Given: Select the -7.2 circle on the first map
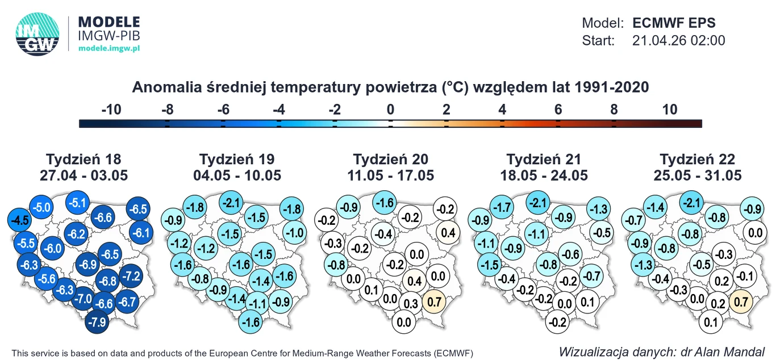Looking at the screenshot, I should pos(132,277).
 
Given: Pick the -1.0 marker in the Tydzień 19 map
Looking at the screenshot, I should pos(294,232).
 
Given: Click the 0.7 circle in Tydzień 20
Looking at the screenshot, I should pos(435,302).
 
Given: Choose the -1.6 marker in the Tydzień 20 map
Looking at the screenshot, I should pos(385,202).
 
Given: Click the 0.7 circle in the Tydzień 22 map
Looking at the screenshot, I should pos(741,302).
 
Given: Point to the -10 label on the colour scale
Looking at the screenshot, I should pos(111,110).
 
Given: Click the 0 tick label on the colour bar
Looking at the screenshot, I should pos(390,110).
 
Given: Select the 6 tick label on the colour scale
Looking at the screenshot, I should pos(558,110).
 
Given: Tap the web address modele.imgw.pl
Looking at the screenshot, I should pos(109,49).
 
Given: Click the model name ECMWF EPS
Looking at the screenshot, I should pos(674,23).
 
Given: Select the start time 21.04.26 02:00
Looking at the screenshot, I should pos(678,41).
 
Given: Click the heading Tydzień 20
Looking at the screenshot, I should pos(390,159).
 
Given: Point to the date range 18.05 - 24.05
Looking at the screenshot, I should pos(544,175).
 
